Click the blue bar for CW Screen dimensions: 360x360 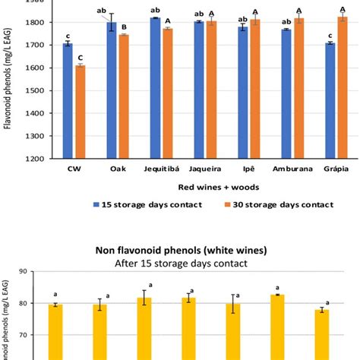click(68, 101)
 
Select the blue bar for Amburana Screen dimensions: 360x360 click(286, 93)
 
